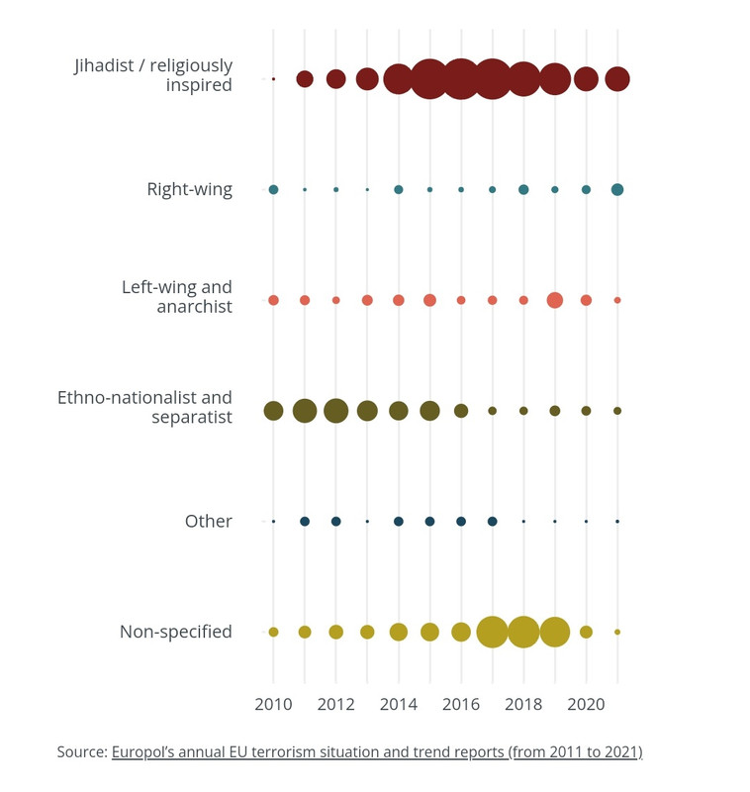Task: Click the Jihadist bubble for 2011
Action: click(x=305, y=79)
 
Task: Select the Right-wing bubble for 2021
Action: click(x=616, y=189)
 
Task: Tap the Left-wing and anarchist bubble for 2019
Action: click(x=555, y=300)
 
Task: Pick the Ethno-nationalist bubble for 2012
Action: click(x=335, y=411)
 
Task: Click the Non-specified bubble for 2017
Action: click(x=492, y=632)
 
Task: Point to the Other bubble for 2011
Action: click(x=305, y=522)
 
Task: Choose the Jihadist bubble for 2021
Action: click(x=616, y=79)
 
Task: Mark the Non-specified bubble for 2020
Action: click(x=586, y=632)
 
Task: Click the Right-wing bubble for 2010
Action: click(x=273, y=189)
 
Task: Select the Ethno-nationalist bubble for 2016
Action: click(x=461, y=411)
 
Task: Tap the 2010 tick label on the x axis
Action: click(x=273, y=704)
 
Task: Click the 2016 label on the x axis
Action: click(x=461, y=704)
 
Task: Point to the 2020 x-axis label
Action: click(x=586, y=704)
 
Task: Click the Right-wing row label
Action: click(x=190, y=189)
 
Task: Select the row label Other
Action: click(x=209, y=522)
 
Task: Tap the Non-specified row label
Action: click(x=176, y=632)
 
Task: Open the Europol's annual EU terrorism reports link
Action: click(x=377, y=752)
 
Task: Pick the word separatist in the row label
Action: click(x=192, y=417)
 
